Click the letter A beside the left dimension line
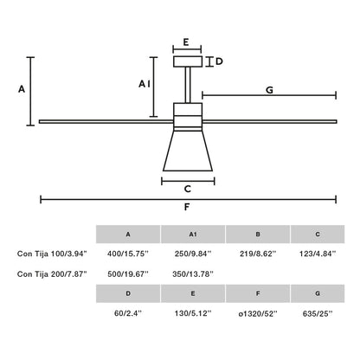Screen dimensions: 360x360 click(x=22, y=89)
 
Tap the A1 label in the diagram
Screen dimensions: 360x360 click(x=145, y=84)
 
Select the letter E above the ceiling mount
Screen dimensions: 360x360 click(x=187, y=41)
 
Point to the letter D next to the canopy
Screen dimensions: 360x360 click(x=220, y=61)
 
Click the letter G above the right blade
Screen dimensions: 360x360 click(x=270, y=89)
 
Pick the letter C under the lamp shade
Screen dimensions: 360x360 click(x=187, y=190)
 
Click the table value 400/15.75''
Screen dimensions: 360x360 click(x=128, y=254)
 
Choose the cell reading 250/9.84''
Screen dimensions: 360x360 click(x=193, y=254)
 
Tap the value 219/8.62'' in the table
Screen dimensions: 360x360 click(x=257, y=254)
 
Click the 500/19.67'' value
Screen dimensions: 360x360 click(x=128, y=273)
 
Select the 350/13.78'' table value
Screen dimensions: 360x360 click(x=193, y=273)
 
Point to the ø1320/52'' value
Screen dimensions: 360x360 click(x=257, y=316)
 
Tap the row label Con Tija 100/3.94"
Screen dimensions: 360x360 click(x=52, y=254)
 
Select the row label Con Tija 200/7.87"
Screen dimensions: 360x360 click(x=52, y=273)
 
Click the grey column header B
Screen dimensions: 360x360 click(x=257, y=235)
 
